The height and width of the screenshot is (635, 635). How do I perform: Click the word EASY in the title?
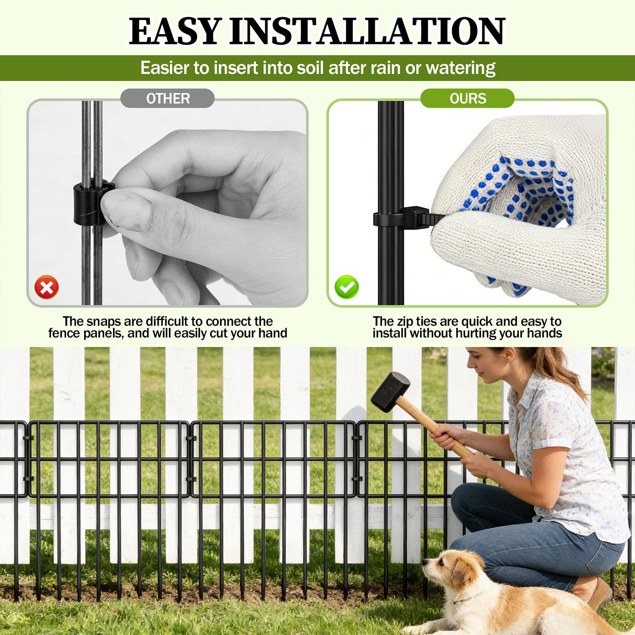[175, 31]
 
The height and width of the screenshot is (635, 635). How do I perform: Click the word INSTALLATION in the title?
[367, 31]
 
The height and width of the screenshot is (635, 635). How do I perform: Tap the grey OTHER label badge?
[167, 98]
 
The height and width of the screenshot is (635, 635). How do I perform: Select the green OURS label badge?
[468, 98]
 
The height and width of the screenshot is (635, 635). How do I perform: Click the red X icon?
[47, 287]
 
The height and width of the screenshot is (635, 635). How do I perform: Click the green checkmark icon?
[347, 287]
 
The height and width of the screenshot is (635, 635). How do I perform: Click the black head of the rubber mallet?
[390, 391]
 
